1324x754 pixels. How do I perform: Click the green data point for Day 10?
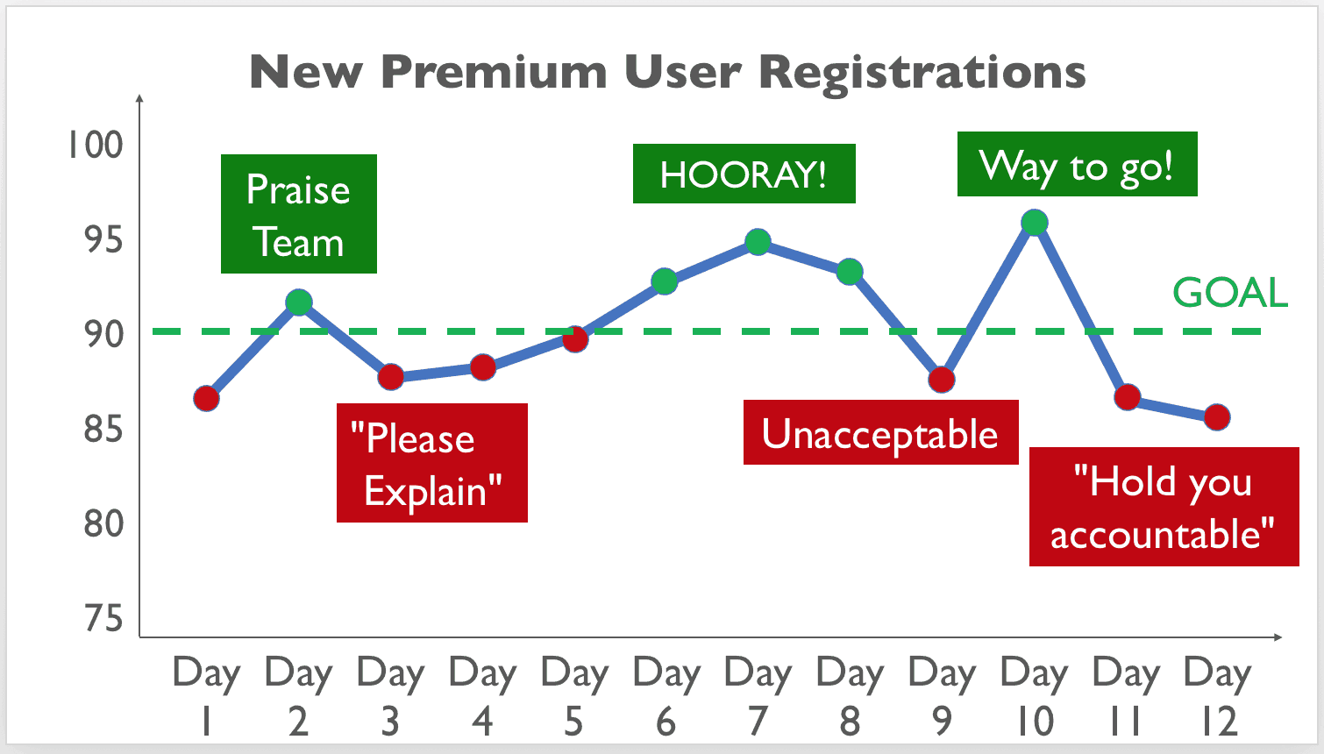1035,223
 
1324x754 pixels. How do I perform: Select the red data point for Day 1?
206,398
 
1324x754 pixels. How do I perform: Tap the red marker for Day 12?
1217,417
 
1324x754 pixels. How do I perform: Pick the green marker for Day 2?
298,302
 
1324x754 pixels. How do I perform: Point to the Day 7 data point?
758,242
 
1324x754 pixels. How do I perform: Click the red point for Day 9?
942,380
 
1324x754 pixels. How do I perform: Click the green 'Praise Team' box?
298,214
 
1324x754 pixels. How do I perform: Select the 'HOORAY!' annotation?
744,174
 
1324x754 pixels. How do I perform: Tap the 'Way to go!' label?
1078,164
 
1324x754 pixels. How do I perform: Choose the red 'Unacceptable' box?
880,432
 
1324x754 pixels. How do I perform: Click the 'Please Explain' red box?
432,463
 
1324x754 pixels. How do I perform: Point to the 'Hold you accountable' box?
1164,507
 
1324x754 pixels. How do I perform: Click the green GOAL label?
1230,293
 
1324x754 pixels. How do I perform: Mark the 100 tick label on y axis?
96,145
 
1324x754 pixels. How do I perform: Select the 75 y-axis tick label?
104,619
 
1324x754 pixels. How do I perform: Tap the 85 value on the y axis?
104,430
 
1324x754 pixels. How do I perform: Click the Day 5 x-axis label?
574,695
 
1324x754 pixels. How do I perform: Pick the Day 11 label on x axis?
1126,695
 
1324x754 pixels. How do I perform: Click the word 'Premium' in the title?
495,72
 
